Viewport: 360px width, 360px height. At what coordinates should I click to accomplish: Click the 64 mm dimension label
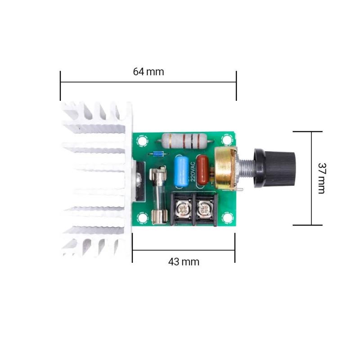(x=148, y=72)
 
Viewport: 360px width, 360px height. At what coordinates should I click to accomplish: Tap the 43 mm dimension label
(x=184, y=262)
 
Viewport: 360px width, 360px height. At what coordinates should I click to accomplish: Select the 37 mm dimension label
(x=322, y=178)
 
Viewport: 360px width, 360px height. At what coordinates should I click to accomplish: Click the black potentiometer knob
(x=275, y=168)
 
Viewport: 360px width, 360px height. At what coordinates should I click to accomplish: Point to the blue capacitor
(x=181, y=171)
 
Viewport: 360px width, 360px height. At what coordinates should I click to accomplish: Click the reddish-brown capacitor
(x=202, y=170)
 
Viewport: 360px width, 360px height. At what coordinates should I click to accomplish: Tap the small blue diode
(x=158, y=154)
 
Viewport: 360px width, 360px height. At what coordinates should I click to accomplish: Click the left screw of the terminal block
(x=183, y=209)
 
